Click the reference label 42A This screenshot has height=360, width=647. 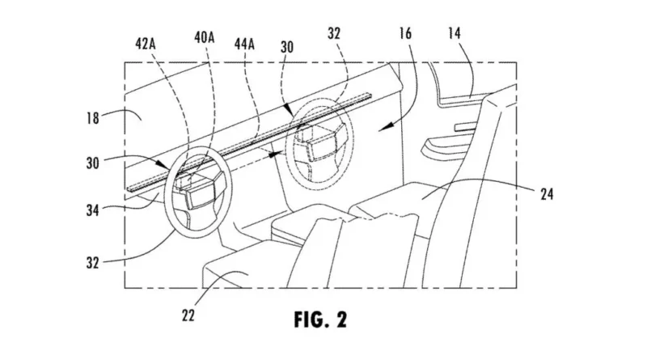146,44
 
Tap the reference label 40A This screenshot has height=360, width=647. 205,37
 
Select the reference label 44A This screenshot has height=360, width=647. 244,44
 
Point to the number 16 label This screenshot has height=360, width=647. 405,33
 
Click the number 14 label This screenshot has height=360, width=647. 455,33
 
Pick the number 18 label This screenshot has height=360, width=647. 92,118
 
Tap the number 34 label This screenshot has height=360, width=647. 92,210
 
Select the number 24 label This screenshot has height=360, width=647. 547,194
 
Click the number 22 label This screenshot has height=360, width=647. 188,316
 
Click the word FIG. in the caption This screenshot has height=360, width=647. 310,320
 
